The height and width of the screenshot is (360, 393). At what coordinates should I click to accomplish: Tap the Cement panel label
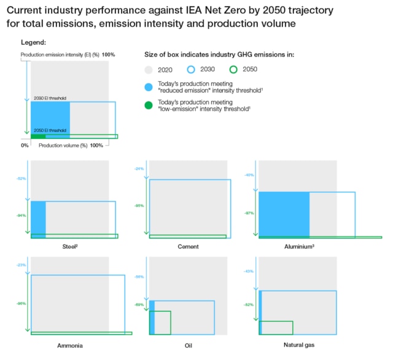188,246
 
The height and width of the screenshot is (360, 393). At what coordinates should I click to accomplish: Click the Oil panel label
188,345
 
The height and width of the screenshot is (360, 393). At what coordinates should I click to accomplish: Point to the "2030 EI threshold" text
50,98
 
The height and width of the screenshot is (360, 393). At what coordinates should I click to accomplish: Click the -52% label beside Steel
21,179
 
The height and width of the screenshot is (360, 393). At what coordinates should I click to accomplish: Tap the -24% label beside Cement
139,168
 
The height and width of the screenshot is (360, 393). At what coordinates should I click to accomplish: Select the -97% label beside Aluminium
249,213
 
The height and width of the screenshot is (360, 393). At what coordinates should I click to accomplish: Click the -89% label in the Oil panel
139,305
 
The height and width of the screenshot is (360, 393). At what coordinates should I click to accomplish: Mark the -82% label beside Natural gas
249,305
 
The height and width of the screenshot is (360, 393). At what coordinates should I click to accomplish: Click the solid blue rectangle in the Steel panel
38,219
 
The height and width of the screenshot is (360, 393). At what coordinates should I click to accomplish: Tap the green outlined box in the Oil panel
160,323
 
